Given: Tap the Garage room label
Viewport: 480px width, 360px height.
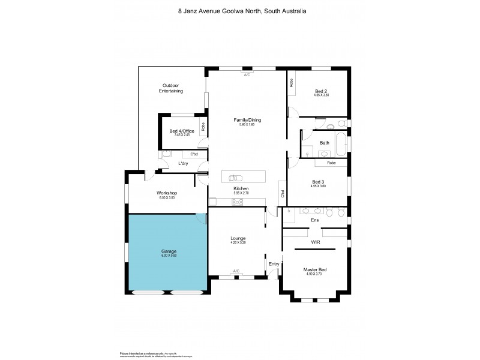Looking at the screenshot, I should [x=168, y=251].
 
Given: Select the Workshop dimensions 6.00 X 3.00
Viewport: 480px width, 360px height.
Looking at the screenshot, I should [x=167, y=197].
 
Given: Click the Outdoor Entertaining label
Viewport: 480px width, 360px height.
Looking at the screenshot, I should [x=171, y=88].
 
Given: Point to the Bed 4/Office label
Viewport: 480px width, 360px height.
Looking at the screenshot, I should [x=182, y=131].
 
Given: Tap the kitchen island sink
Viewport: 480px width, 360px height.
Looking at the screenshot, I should [x=236, y=178].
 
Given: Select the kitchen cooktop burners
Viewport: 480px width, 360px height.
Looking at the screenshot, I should [x=236, y=202].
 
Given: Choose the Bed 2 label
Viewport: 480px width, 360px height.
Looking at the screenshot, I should [x=321, y=91].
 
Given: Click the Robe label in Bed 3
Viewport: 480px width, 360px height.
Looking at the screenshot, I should [x=331, y=163].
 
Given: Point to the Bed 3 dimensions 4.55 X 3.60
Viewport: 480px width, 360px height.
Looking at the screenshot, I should [x=318, y=186].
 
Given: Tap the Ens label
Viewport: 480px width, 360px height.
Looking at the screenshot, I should [x=314, y=220].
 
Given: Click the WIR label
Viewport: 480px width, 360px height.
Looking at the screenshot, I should [x=315, y=242].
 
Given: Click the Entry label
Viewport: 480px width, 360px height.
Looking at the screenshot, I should [x=274, y=264].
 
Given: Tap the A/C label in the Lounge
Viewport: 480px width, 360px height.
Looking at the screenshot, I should [x=236, y=271].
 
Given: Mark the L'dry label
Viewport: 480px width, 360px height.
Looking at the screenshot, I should [x=183, y=163].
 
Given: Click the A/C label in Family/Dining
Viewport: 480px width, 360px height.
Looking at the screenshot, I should [x=247, y=74].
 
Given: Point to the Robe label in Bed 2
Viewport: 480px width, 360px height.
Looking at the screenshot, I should [x=292, y=83].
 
